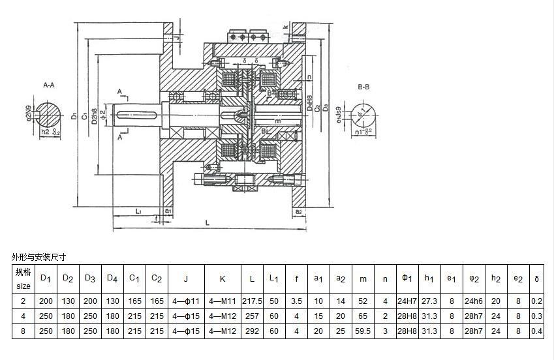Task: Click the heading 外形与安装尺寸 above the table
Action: point(40,257)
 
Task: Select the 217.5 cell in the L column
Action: point(251,301)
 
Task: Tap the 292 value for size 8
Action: point(251,331)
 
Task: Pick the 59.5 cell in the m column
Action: point(363,331)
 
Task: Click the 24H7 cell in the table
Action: point(407,301)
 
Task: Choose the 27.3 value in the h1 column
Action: point(429,301)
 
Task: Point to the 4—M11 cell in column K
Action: point(222,301)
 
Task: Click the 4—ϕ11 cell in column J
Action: point(186,301)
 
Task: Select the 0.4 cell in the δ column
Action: point(536,331)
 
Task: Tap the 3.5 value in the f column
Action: point(296,301)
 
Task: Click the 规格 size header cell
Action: point(23,278)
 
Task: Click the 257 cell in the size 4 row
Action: point(251,316)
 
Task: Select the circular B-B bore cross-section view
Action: point(363,115)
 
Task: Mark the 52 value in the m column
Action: point(363,301)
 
